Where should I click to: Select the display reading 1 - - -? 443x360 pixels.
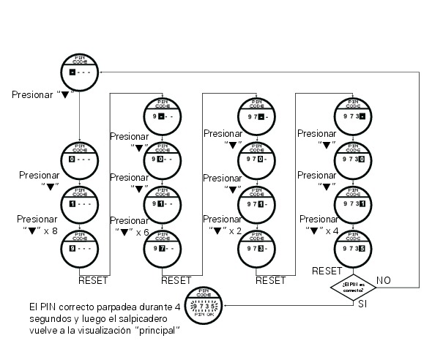[78, 205]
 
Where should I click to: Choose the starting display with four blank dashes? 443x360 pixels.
[78, 72]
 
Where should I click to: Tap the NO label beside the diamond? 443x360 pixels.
[383, 280]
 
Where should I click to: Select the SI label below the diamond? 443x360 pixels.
[362, 303]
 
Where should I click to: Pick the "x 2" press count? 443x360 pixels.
[237, 232]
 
